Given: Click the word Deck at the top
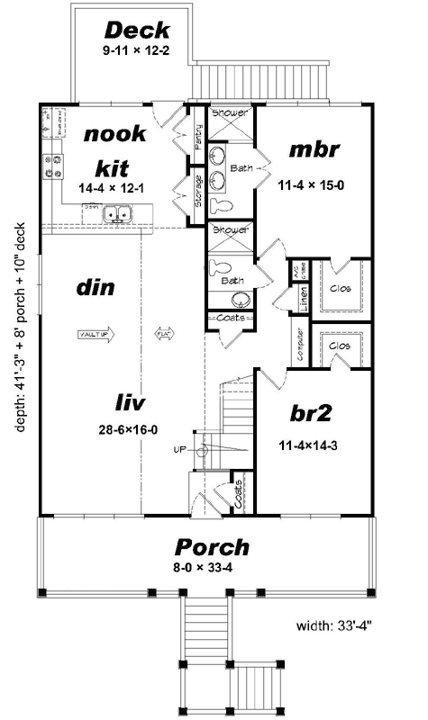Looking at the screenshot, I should (137, 31).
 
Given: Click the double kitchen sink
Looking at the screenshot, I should (118, 214).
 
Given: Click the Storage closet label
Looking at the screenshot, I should (198, 190).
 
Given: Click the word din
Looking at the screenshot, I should (93, 289).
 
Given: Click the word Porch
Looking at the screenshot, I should (212, 547).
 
